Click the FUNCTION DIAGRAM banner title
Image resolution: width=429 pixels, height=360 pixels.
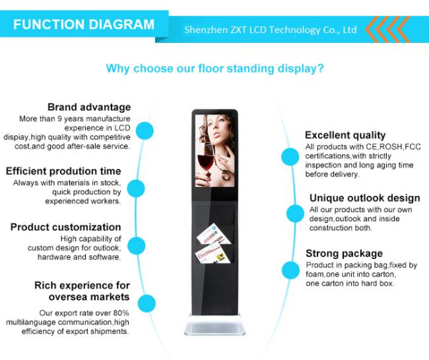(84, 24)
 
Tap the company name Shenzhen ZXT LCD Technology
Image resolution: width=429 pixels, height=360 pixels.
(252, 30)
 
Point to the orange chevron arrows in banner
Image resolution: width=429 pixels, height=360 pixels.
(387, 29)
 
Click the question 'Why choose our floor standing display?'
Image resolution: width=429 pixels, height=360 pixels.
(214, 69)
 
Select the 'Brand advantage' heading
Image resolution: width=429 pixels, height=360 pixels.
(89, 107)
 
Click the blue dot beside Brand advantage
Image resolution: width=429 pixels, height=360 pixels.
(145, 131)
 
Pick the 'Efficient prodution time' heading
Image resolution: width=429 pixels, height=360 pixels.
(63, 171)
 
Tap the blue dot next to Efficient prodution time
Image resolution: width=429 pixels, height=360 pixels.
(136, 189)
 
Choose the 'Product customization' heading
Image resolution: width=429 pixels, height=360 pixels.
(65, 227)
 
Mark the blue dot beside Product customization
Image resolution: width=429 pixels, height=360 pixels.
(136, 245)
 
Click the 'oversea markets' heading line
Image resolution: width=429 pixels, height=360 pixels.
(89, 297)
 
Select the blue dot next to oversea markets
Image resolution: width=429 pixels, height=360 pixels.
(147, 303)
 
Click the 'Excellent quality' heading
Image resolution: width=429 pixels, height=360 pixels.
(345, 135)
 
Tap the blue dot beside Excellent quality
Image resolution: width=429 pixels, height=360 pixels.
(290, 157)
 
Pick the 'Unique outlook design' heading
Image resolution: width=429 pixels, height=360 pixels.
(365, 198)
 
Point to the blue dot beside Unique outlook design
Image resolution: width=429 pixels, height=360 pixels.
(295, 213)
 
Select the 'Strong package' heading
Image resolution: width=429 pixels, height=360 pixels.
(344, 253)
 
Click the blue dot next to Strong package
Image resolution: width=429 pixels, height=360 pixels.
(290, 270)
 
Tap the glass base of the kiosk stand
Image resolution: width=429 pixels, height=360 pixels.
(214, 325)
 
